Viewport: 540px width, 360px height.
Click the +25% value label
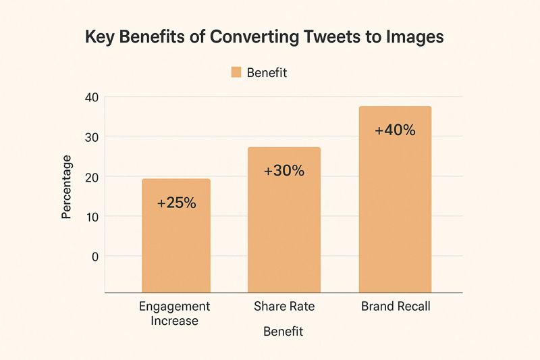click(x=176, y=202)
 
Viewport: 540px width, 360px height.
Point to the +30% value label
click(x=284, y=171)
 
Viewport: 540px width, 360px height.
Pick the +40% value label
click(x=395, y=130)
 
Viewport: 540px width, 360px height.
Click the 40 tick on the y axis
click(x=91, y=97)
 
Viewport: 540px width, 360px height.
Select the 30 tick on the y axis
click(x=91, y=137)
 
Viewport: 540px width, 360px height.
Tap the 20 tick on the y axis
click(x=91, y=177)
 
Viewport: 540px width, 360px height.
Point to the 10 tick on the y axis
click(x=91, y=217)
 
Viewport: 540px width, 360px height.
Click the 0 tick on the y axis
click(x=94, y=257)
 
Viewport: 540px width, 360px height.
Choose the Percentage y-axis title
click(x=67, y=186)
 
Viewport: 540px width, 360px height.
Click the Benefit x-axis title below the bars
click(x=283, y=332)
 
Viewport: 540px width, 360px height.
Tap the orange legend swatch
click(x=236, y=72)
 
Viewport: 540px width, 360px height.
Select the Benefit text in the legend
click(x=267, y=73)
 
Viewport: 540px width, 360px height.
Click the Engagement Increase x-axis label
click(x=174, y=313)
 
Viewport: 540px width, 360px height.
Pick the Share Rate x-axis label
click(x=284, y=307)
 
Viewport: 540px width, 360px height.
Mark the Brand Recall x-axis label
click(x=396, y=307)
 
